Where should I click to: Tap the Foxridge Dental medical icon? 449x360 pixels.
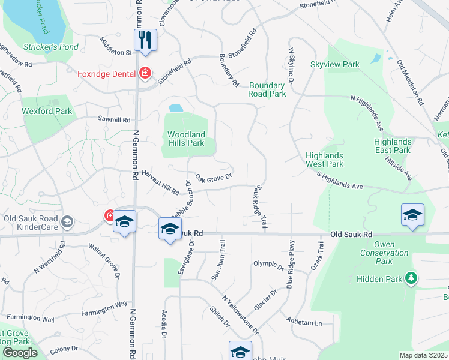pyautogui.click(x=145, y=74)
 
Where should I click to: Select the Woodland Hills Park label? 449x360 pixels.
pyautogui.click(x=186, y=139)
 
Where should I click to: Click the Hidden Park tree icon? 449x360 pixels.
pyautogui.click(x=411, y=278)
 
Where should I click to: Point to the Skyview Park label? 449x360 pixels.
pyautogui.click(x=334, y=64)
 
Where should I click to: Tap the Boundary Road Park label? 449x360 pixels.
pyautogui.click(x=267, y=90)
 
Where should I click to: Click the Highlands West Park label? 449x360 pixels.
pyautogui.click(x=324, y=160)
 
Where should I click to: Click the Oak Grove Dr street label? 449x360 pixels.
pyautogui.click(x=214, y=179)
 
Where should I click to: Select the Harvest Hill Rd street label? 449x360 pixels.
pyautogui.click(x=160, y=187)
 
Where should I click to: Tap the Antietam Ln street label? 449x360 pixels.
pyautogui.click(x=304, y=321)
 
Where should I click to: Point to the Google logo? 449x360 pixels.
pyautogui.click(x=20, y=353)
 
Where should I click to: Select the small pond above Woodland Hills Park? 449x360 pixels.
pyautogui.click(x=176, y=109)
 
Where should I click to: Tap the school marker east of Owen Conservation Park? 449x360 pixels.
pyautogui.click(x=412, y=216)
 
